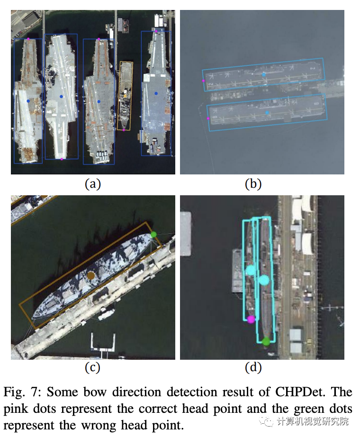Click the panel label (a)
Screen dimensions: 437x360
coord(93,184)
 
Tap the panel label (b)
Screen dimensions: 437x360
coord(253,184)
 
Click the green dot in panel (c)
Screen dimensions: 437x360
coord(153,234)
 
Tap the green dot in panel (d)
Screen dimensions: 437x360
coord(266,341)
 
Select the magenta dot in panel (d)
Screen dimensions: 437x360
coord(251,319)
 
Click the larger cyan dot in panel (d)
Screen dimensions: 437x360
coord(264,280)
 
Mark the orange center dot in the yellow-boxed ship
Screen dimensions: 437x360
coord(125,96)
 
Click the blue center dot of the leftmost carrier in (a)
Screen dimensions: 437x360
coord(28,101)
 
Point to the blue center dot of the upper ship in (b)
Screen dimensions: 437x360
coord(264,75)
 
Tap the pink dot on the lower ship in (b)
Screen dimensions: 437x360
coord(209,118)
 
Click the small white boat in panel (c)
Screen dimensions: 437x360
coord(107,313)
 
